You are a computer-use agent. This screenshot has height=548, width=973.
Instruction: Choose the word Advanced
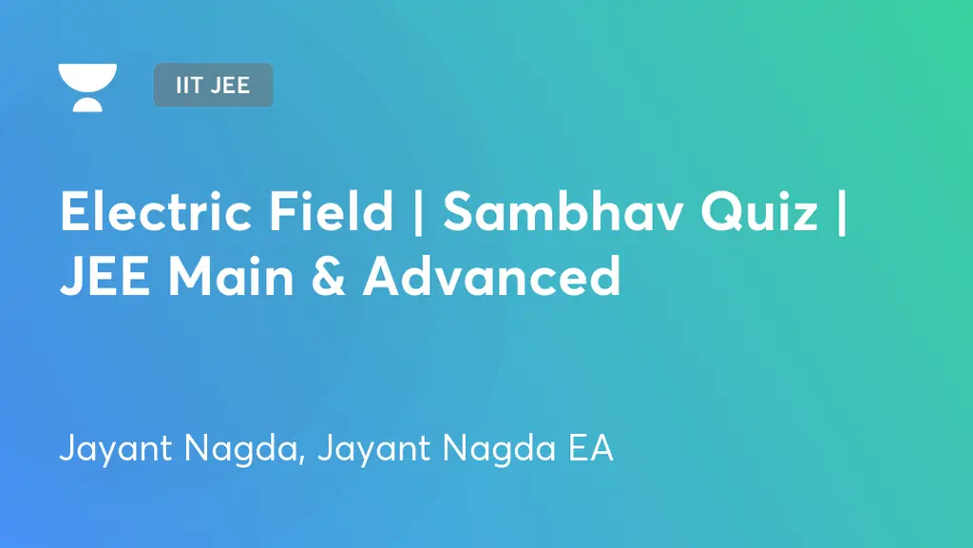pyautogui.click(x=491, y=277)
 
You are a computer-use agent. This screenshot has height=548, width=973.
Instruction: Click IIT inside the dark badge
pyautogui.click(x=188, y=86)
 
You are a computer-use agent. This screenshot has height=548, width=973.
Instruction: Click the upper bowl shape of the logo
pyautogui.click(x=87, y=76)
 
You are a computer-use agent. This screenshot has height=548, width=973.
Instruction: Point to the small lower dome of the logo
pyautogui.click(x=87, y=104)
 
